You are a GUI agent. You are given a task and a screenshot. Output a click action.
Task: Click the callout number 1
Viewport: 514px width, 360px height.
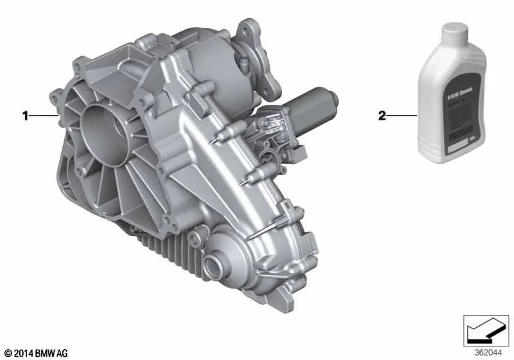(26, 116)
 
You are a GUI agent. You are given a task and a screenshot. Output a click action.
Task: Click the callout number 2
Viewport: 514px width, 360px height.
(382, 116)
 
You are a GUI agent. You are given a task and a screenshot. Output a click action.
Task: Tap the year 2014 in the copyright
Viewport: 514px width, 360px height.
(22, 353)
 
